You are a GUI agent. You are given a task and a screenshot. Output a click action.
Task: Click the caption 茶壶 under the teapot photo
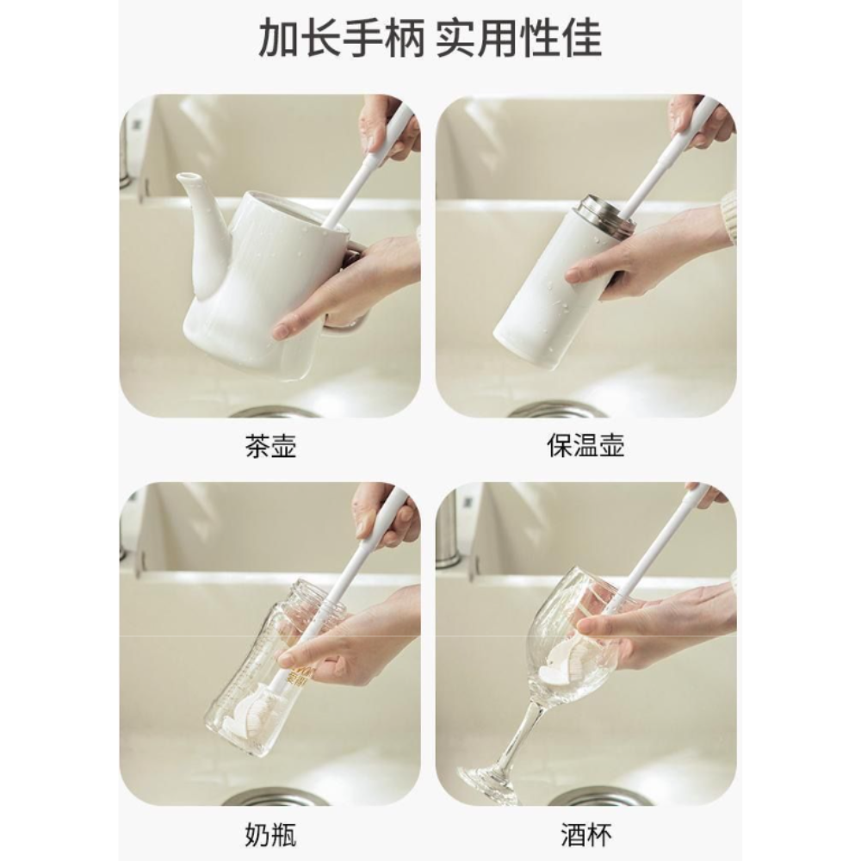[270, 447]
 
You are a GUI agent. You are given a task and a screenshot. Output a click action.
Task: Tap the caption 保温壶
[585, 447]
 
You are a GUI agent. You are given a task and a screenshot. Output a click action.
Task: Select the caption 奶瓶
[270, 834]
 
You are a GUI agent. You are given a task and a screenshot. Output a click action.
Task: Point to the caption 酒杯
[585, 834]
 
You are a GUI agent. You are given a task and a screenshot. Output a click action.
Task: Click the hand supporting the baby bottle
[362, 637]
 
